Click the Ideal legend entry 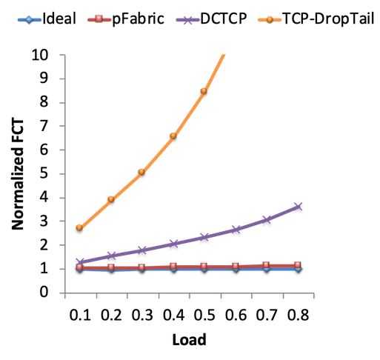(x=47, y=19)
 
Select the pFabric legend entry (x=126, y=19)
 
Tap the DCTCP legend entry (x=212, y=19)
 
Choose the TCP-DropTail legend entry (x=316, y=19)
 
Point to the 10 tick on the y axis (x=39, y=55)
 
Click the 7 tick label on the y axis (x=44, y=126)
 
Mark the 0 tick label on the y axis (x=44, y=292)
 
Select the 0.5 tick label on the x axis (x=204, y=315)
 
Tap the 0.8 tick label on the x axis (x=299, y=315)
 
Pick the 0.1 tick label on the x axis (x=80, y=315)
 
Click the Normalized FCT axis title (x=18, y=175)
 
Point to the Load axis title (x=189, y=339)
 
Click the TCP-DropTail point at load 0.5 (x=204, y=91)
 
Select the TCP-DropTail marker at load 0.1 (x=79, y=227)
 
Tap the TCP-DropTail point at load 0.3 (x=141, y=172)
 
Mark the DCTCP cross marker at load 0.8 (x=299, y=207)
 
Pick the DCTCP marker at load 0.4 (x=173, y=244)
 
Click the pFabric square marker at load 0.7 (x=266, y=265)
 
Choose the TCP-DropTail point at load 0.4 (x=173, y=136)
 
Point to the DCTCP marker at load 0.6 (x=236, y=230)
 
